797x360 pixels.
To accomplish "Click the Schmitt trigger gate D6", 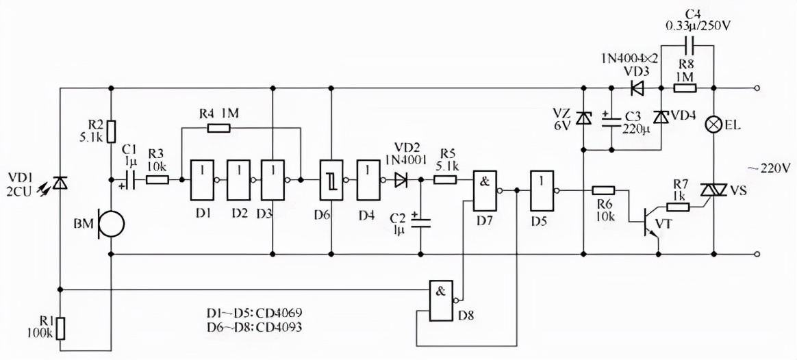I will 331,180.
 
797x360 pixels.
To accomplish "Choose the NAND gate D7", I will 484,190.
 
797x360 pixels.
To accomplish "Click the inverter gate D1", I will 203,180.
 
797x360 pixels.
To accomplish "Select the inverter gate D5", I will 541,190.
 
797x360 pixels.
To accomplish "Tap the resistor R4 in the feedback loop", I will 218,128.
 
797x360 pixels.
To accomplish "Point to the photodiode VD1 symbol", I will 60,183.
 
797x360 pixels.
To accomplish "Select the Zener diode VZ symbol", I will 583,118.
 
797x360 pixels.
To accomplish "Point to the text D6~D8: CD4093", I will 255,327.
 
